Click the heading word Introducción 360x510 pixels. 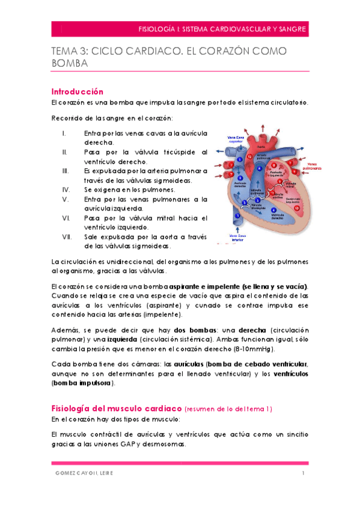[78, 91]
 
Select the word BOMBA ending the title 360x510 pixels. [70, 64]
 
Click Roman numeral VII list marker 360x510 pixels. [67, 237]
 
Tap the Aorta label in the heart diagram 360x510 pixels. [260, 146]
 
